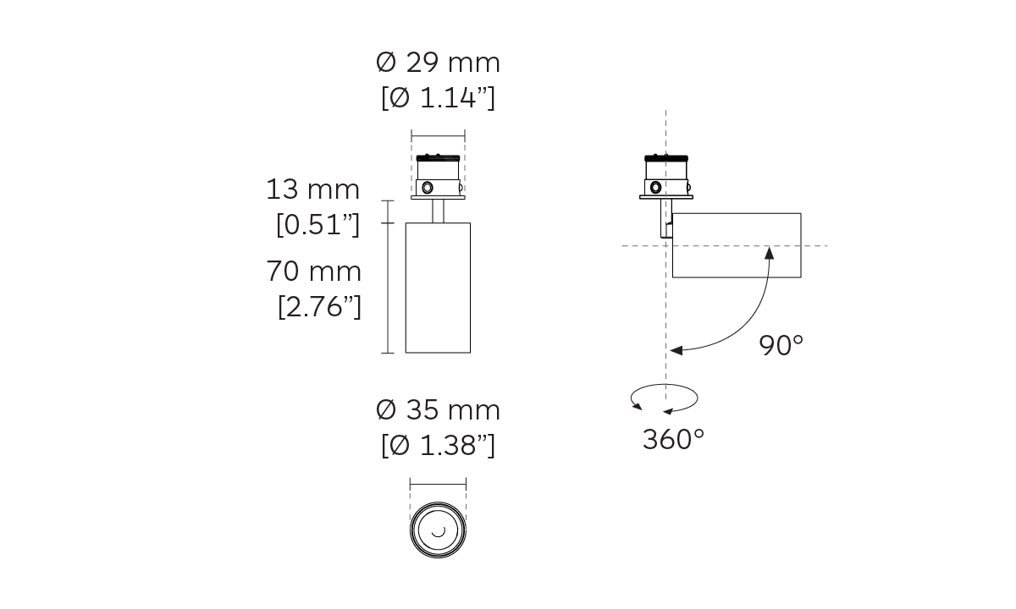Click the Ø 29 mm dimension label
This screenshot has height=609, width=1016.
[x=439, y=63]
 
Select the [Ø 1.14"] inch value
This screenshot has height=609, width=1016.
[x=439, y=97]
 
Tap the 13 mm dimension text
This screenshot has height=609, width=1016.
[x=312, y=189]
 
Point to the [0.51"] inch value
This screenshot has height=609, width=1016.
[x=318, y=224]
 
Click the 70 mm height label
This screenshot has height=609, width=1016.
[x=313, y=272]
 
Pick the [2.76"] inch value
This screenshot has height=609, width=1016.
[x=319, y=307]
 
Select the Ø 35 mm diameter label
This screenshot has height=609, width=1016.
[x=439, y=410]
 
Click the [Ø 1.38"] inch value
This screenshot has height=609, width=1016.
[x=439, y=445]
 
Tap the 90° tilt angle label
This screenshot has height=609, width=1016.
[x=781, y=345]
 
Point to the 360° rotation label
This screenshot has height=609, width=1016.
[x=674, y=439]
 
